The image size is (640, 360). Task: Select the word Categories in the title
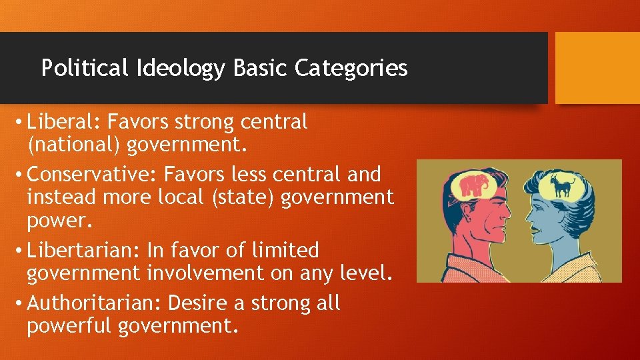tap(351, 68)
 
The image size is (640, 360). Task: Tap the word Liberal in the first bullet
tap(65, 122)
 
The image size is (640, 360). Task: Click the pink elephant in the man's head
tap(473, 185)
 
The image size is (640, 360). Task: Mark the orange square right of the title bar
tap(597, 68)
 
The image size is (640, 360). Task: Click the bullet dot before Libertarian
tap(19, 251)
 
